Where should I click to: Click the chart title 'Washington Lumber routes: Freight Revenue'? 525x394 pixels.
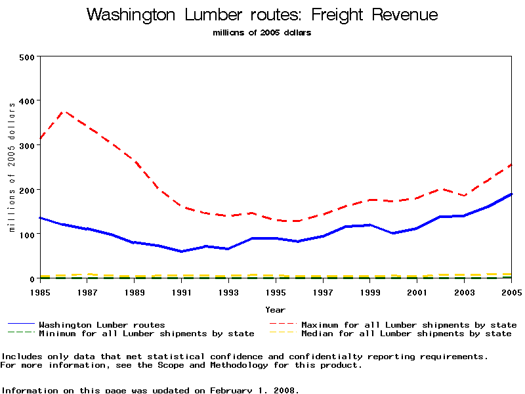coord(262,15)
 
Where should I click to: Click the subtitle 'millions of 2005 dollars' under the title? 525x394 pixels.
coord(262,33)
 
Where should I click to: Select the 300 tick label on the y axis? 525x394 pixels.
coord(27,146)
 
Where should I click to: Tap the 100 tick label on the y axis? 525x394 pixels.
coord(27,234)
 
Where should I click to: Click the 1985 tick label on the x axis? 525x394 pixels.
coord(41,292)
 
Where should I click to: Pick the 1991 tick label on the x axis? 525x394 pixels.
coord(182,292)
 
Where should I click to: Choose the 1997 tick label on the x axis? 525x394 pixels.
coord(323,292)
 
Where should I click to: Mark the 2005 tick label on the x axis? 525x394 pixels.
coord(511,292)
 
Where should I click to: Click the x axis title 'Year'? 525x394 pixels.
coord(275,309)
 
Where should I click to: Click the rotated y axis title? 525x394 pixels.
coord(12,168)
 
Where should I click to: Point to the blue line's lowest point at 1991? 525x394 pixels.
coord(182,252)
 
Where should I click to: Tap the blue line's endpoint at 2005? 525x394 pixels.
coord(511,194)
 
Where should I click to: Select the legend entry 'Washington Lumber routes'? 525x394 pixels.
coord(102,324)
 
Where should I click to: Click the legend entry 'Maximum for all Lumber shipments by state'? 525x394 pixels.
coord(408,324)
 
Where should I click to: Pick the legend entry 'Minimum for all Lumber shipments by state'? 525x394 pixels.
coord(146,334)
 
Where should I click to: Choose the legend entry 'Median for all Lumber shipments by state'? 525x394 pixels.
coord(406,334)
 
